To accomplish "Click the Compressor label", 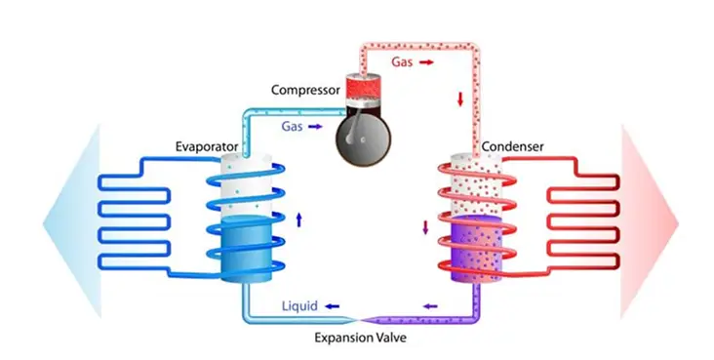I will (304, 91).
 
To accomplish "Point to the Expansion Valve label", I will (359, 338).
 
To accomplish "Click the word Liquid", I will (300, 306).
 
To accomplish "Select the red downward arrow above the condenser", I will (460, 100).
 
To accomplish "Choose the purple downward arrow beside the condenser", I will (424, 228).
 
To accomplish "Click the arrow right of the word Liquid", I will (334, 306).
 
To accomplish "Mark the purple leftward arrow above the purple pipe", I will (430, 306).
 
